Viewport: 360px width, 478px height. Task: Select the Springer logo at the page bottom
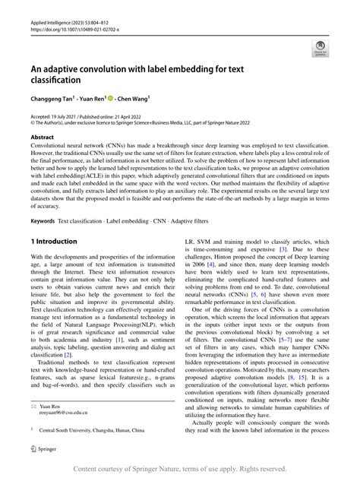44,451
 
